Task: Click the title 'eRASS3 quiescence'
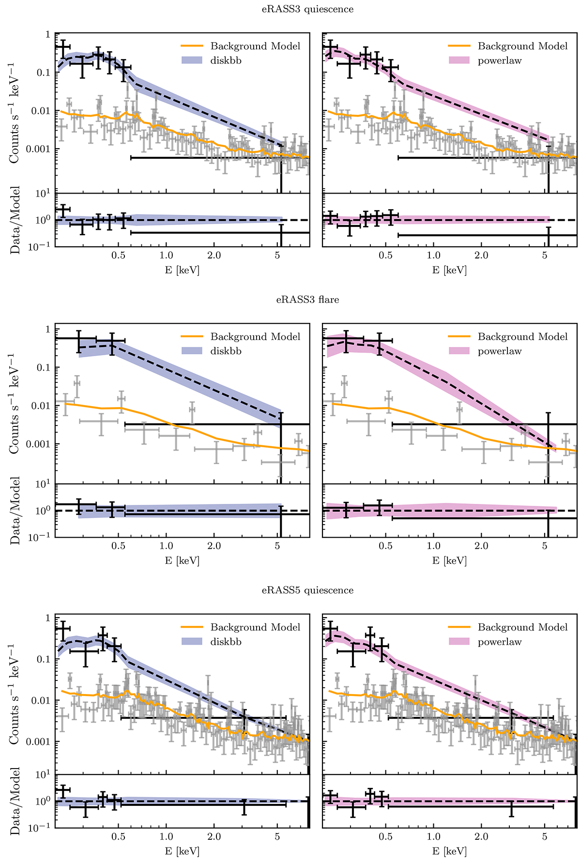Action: [308, 9]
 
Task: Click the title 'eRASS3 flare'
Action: [308, 300]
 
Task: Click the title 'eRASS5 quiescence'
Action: [308, 590]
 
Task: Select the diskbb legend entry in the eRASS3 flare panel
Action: [226, 351]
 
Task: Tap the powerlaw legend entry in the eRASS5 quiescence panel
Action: [499, 642]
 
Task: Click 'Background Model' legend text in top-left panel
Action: [255, 46]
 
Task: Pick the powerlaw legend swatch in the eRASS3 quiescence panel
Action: [459, 60]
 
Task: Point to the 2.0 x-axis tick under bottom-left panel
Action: [214, 836]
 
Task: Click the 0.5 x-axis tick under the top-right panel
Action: [385, 255]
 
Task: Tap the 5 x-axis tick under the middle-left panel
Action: [277, 545]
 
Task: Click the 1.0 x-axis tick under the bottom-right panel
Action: [433, 836]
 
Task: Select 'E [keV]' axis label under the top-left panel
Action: [182, 270]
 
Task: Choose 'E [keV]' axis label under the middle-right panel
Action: [449, 560]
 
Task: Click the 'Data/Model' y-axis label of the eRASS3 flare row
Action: [15, 511]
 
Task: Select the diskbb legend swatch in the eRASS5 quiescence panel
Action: [192, 642]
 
